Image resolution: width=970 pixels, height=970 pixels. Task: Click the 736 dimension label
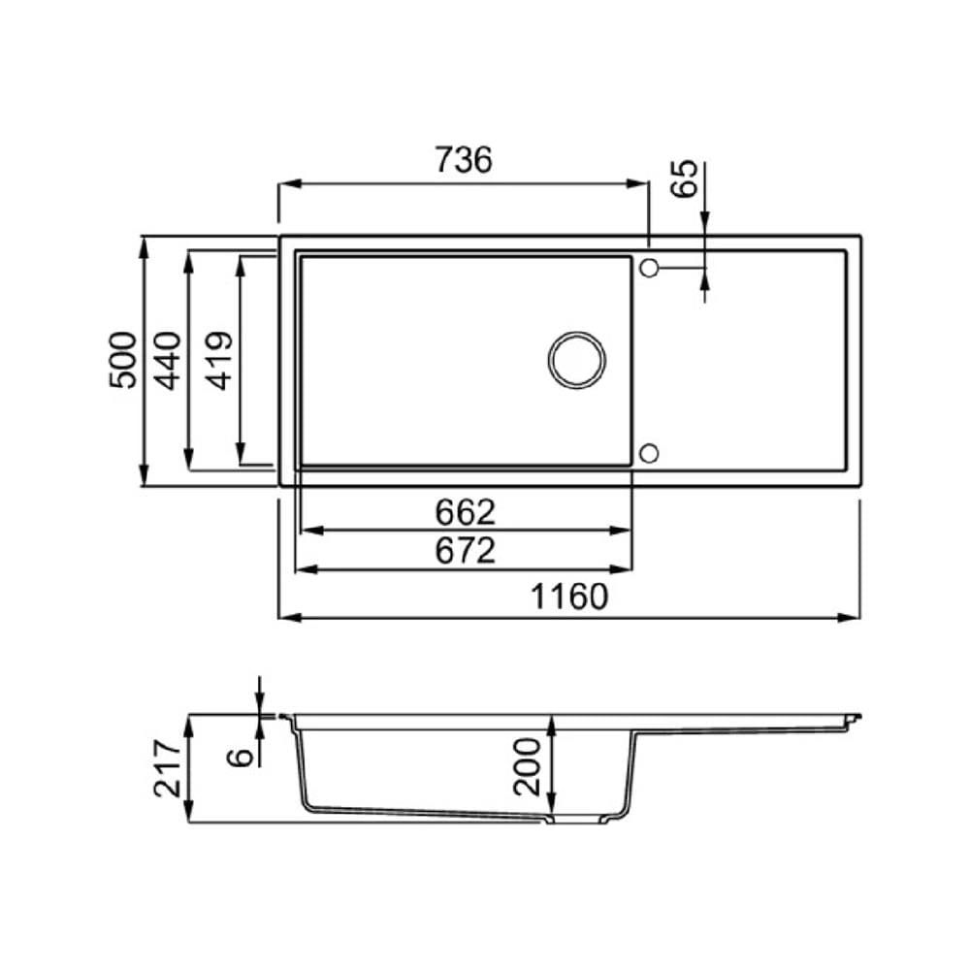click(x=464, y=159)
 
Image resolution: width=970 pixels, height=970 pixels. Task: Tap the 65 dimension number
click(x=685, y=178)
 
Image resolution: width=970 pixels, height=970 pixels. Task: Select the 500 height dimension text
click(x=122, y=360)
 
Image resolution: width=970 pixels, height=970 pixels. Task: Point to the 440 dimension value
click(x=168, y=361)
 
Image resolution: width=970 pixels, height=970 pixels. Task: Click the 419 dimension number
click(x=219, y=361)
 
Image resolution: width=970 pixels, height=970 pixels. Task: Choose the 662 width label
click(x=466, y=511)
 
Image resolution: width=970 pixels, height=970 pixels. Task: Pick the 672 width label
click(x=466, y=551)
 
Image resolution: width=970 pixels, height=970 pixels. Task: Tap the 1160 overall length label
click(x=569, y=597)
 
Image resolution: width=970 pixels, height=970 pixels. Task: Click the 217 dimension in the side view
click(x=168, y=767)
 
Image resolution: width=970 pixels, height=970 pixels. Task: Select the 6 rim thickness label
click(x=241, y=756)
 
